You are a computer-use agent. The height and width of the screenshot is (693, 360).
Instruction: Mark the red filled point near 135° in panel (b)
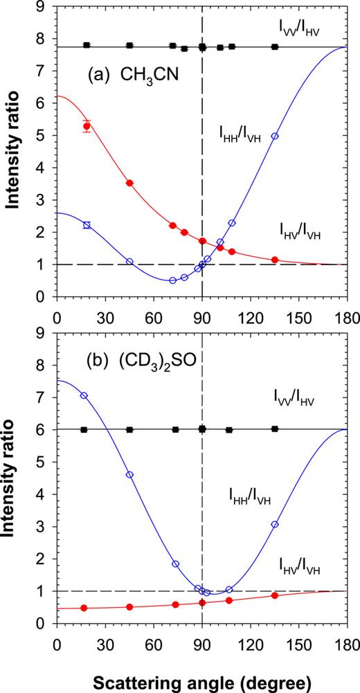click(x=275, y=595)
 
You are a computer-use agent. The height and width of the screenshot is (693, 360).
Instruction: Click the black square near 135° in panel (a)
click(x=275, y=47)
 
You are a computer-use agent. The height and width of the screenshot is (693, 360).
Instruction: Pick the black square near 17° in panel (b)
click(x=84, y=429)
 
